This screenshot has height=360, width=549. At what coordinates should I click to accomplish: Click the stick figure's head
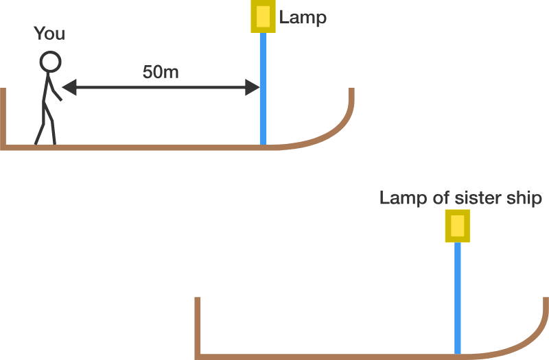(x=49, y=62)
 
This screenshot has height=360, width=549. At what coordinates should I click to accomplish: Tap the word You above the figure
(x=49, y=34)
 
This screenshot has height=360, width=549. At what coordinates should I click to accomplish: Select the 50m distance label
(x=161, y=72)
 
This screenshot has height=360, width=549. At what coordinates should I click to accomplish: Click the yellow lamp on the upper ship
(x=262, y=16)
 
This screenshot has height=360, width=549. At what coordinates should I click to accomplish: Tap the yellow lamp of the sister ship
(x=457, y=226)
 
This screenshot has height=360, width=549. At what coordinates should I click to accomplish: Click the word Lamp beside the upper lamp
(x=303, y=18)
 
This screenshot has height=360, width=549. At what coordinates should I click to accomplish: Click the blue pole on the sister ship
(x=458, y=295)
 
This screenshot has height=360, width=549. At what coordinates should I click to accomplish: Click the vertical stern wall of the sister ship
(x=198, y=326)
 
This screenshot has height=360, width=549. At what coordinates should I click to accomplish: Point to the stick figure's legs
(x=46, y=127)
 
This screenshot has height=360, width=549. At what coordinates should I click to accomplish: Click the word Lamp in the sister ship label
(x=398, y=198)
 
